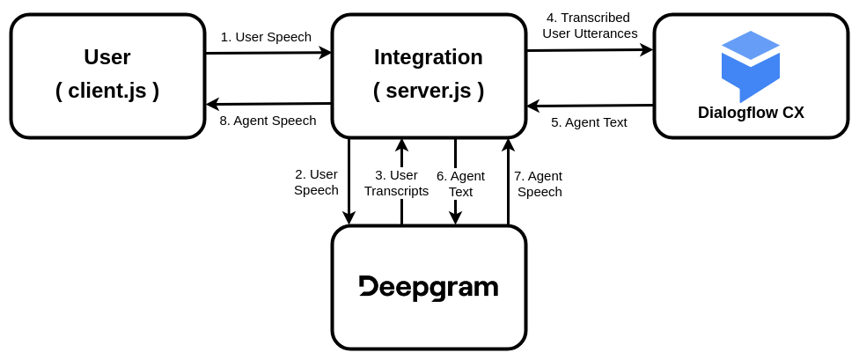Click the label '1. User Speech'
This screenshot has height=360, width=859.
click(x=266, y=37)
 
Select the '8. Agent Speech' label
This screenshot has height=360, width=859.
click(x=268, y=121)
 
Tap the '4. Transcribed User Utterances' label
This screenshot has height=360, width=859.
click(x=590, y=26)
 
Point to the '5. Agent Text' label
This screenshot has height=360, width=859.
click(x=589, y=122)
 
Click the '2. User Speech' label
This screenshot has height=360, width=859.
click(x=316, y=182)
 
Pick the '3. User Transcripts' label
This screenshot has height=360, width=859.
click(x=396, y=183)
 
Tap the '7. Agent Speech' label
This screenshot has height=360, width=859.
click(x=540, y=183)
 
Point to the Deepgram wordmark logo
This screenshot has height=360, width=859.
click(x=429, y=288)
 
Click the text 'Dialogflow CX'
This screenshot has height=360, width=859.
click(x=751, y=113)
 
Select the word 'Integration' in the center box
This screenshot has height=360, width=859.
click(x=429, y=57)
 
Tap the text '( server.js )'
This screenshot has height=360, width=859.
click(x=429, y=91)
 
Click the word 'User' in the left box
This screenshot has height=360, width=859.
click(x=107, y=57)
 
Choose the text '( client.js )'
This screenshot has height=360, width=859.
click(x=107, y=91)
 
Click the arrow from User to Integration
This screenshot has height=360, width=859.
click(x=268, y=53)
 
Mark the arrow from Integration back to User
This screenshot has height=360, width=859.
click(x=268, y=104)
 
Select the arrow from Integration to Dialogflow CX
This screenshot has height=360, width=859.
click(x=590, y=50)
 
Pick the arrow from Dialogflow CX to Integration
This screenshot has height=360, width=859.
click(x=590, y=106)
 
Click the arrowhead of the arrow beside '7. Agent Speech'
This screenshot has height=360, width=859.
click(x=508, y=144)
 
